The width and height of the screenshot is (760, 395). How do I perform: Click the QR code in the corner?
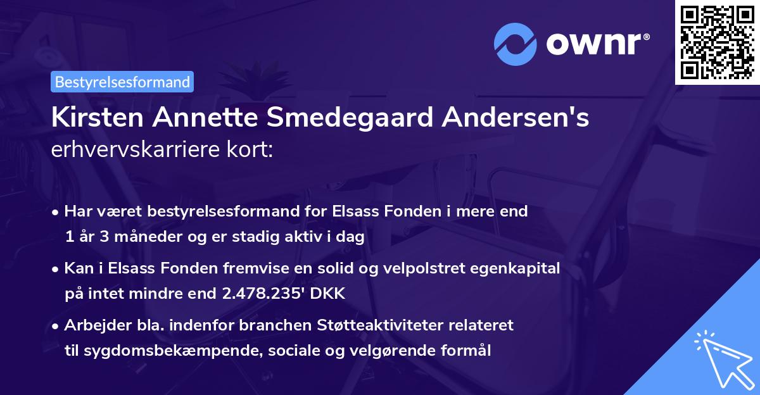tap(717, 42)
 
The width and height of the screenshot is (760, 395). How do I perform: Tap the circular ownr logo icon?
tap(516, 44)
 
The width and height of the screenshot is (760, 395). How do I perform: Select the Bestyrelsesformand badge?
tap(122, 82)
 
